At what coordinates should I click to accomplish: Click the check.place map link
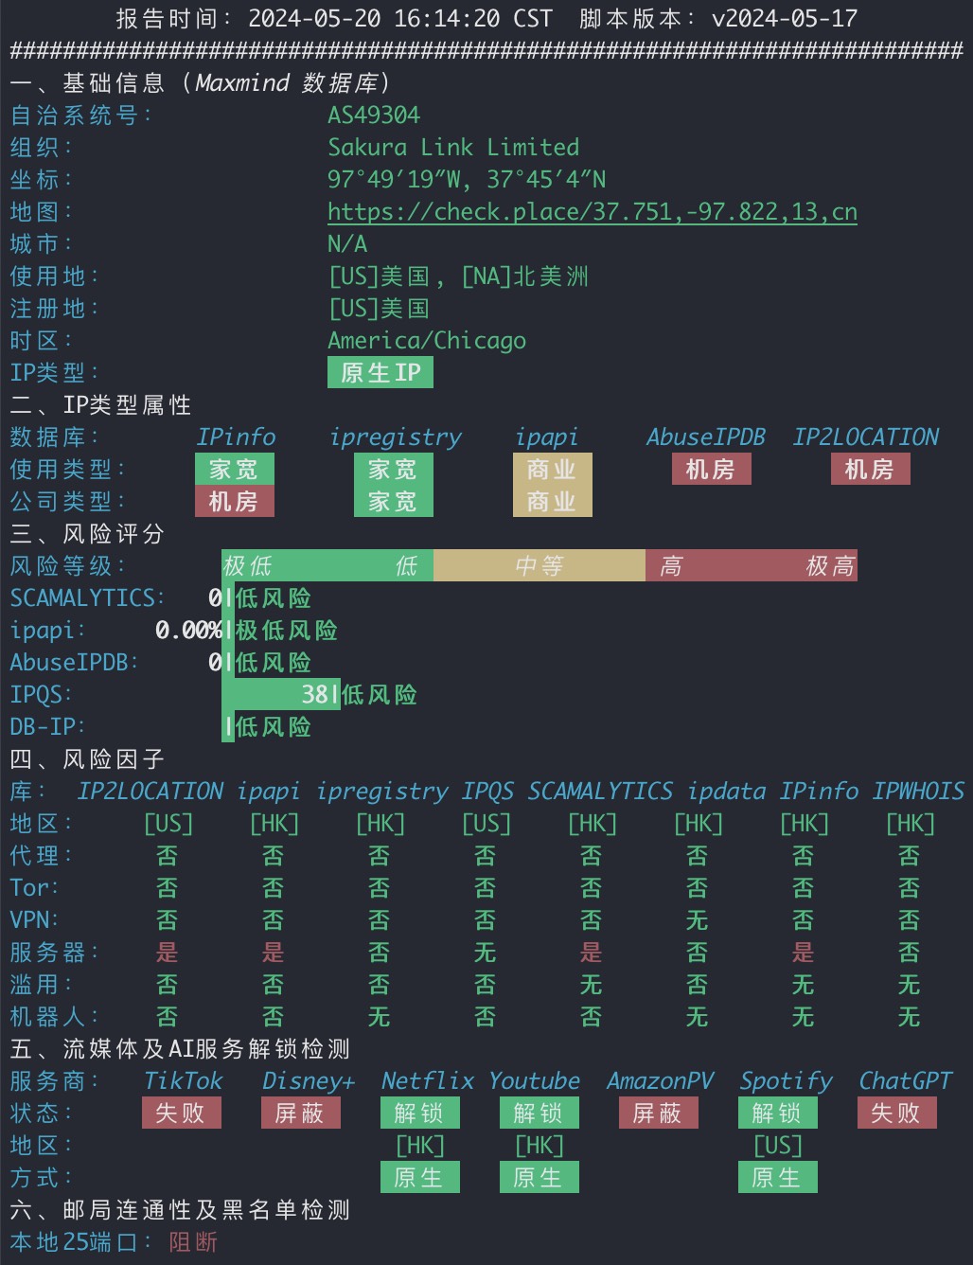pos(592,212)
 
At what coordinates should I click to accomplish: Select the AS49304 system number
pos(374,116)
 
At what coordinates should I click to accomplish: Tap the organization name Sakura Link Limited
pos(453,148)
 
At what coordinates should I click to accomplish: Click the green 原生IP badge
pos(380,372)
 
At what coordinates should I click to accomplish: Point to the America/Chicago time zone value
pos(427,341)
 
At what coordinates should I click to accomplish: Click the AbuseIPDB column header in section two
pos(706,437)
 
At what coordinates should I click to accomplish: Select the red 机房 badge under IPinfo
pos(235,501)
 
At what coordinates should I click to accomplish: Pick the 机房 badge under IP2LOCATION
pos(870,470)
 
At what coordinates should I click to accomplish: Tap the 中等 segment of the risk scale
pos(539,565)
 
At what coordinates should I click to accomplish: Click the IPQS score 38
pos(315,694)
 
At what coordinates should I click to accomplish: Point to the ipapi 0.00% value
pos(188,631)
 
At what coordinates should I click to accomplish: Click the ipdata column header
pos(726,792)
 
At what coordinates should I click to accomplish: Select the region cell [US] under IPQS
pos(486,824)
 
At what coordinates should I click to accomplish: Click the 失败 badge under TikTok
pos(182,1114)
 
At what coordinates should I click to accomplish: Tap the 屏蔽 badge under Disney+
pos(301,1114)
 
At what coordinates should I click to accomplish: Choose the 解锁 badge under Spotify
pos(778,1114)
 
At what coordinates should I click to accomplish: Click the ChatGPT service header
pos(905,1081)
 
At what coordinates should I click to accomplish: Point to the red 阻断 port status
pos(193,1242)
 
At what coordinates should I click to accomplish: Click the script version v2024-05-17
pos(785,19)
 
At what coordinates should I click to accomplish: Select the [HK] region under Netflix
pos(420,1146)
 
